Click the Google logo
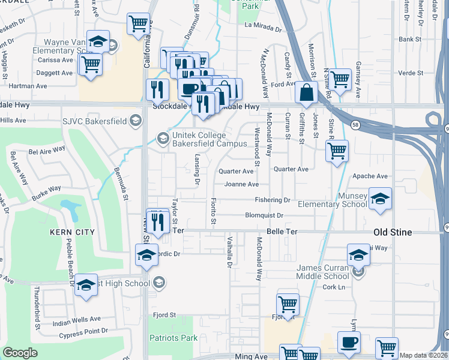tap(20, 353)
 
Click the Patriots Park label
tap(173, 338)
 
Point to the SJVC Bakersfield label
tap(94, 121)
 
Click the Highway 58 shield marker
tap(355, 124)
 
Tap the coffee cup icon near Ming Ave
tap(349, 342)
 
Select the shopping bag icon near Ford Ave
tap(306, 92)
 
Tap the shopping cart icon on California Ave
tap(138, 25)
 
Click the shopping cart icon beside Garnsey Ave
tap(340, 79)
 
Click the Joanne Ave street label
tap(241, 184)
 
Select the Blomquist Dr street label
tap(264, 215)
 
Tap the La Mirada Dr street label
tap(263, 28)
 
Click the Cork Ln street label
tap(331, 287)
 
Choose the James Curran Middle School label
tap(322, 272)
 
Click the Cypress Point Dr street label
tap(80, 331)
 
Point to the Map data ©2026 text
tap(423, 355)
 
